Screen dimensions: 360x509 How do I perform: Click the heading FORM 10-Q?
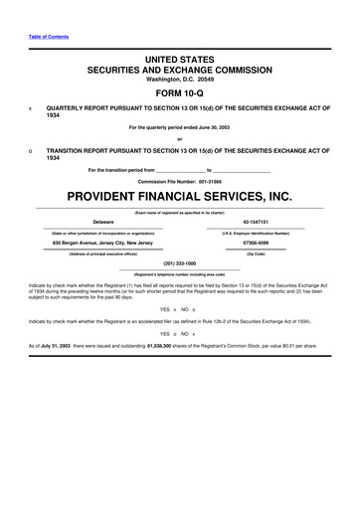click(180, 92)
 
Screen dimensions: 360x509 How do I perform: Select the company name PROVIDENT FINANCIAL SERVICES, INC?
click(180, 196)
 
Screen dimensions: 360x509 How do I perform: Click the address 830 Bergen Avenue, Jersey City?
click(102, 244)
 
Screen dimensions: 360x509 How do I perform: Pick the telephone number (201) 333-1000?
click(180, 263)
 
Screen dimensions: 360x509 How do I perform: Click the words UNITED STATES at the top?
click(180, 61)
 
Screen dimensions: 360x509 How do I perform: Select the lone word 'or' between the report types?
click(180, 138)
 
